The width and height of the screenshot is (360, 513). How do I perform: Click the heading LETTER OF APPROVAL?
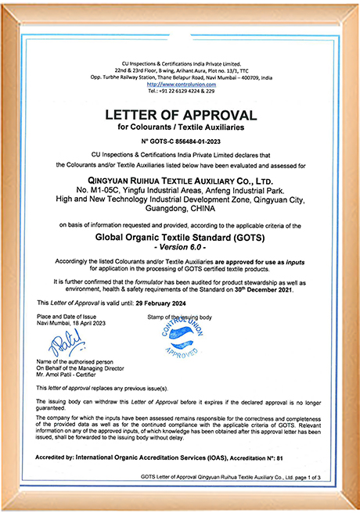tap(181, 115)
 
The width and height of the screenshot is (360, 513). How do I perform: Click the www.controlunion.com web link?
tap(181, 82)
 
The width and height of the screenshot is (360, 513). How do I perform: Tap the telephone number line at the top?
tap(181, 89)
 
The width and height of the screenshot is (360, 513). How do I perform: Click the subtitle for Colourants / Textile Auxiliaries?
tap(181, 127)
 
